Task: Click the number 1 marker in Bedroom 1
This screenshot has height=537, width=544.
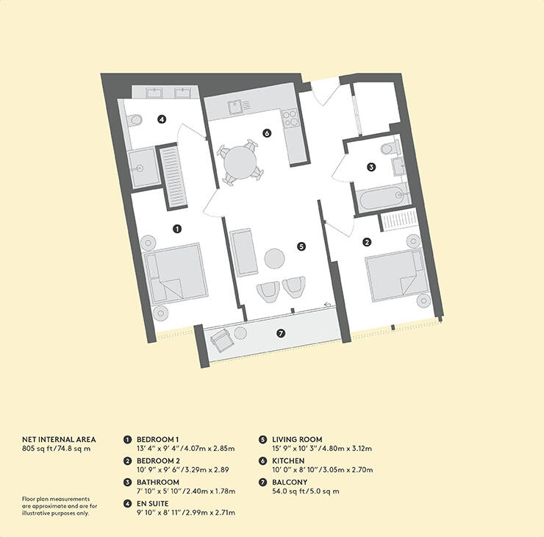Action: click(x=177, y=229)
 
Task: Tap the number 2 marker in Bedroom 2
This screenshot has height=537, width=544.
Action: click(x=367, y=241)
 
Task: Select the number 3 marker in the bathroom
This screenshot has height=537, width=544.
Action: click(x=372, y=167)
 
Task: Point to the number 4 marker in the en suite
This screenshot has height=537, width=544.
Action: click(x=161, y=118)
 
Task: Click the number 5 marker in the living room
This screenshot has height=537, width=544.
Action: click(x=301, y=246)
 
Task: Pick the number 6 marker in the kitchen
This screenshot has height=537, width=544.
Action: click(x=267, y=133)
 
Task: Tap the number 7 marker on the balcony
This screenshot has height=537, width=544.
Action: click(x=281, y=333)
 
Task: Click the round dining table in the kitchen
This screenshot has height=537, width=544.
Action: click(x=239, y=161)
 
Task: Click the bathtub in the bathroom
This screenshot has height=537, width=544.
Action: click(x=380, y=196)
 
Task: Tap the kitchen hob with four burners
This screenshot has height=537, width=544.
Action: click(x=289, y=118)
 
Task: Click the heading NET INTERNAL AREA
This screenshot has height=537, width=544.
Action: click(x=59, y=439)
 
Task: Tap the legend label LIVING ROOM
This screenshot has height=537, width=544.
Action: click(x=296, y=439)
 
